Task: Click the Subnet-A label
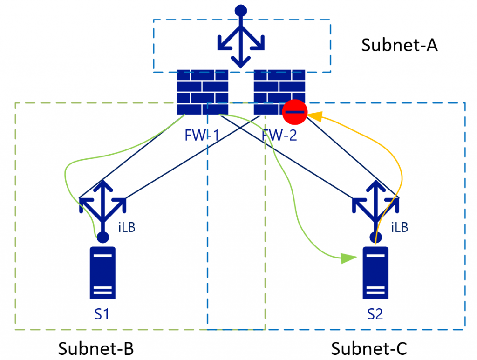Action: [399, 45]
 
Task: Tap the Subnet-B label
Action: [96, 348]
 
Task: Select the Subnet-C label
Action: [369, 348]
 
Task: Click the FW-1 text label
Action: [202, 135]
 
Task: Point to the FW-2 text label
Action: [279, 135]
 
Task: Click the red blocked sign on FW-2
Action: [295, 112]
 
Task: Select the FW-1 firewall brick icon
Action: [203, 92]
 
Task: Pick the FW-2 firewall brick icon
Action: [279, 92]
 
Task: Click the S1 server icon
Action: [102, 273]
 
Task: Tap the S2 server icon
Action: [375, 273]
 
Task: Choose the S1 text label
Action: [102, 314]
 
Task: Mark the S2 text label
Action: [375, 314]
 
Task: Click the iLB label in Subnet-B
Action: [127, 227]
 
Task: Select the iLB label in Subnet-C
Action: [400, 227]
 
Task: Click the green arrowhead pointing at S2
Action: [348, 258]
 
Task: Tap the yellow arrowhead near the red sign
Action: [315, 116]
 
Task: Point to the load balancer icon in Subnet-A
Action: [241, 36]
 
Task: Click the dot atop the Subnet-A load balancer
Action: [241, 10]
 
